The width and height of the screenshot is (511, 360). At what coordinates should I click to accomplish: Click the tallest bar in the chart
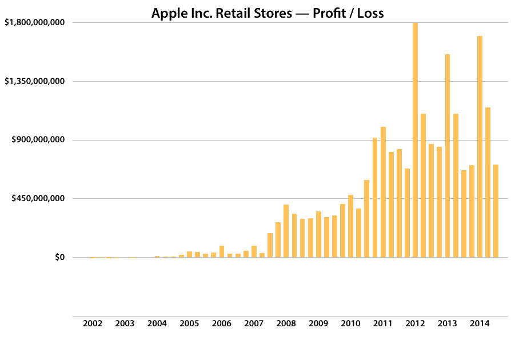click(415, 140)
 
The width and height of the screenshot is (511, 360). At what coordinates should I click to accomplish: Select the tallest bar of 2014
click(480, 147)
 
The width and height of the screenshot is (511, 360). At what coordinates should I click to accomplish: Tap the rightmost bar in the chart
click(496, 211)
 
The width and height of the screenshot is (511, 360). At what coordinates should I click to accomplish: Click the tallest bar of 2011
click(383, 192)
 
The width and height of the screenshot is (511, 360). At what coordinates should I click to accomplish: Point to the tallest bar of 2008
click(286, 231)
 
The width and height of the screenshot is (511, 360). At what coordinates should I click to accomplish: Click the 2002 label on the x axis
click(93, 323)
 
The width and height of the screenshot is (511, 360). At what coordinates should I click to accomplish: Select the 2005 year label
click(189, 323)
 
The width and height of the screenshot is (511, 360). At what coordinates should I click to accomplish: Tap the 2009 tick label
click(318, 323)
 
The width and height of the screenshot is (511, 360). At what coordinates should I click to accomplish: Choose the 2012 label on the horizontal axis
click(415, 323)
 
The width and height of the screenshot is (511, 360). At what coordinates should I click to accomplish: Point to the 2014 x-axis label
click(480, 323)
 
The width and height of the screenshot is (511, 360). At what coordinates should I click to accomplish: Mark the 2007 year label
click(254, 323)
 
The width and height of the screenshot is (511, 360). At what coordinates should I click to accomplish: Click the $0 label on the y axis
click(59, 258)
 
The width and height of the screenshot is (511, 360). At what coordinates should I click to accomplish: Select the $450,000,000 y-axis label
click(37, 199)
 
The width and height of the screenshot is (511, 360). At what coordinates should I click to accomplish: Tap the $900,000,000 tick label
click(37, 140)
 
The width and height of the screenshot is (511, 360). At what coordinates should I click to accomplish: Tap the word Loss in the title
click(370, 13)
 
